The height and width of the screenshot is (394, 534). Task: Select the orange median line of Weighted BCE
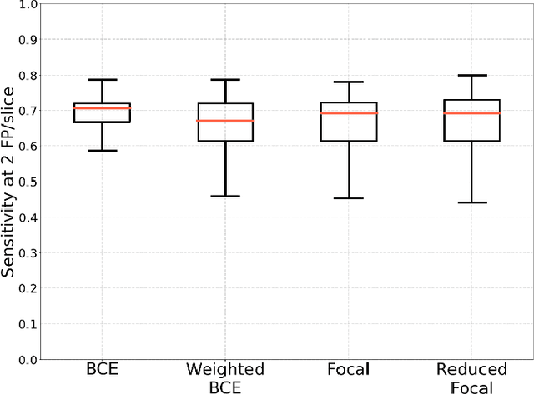click(225, 121)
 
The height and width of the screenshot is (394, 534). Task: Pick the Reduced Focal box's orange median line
click(471, 112)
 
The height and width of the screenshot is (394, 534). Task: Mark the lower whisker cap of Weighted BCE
click(225, 196)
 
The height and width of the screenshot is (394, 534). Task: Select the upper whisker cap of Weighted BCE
click(225, 80)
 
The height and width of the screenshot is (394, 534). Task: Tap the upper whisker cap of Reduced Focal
click(471, 75)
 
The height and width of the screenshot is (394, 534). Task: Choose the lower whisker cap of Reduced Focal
click(471, 202)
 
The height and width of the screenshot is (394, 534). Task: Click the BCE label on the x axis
click(102, 370)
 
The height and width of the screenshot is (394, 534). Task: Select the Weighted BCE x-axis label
click(225, 377)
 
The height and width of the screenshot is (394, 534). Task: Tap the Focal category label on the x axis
click(349, 370)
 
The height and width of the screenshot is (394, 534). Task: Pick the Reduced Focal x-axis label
click(471, 377)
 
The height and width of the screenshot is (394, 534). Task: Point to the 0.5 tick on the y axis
click(28, 182)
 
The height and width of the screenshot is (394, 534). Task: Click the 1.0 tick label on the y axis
click(28, 5)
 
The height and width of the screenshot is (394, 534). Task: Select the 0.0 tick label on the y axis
click(28, 359)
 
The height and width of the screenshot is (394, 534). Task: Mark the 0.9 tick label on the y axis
click(28, 40)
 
